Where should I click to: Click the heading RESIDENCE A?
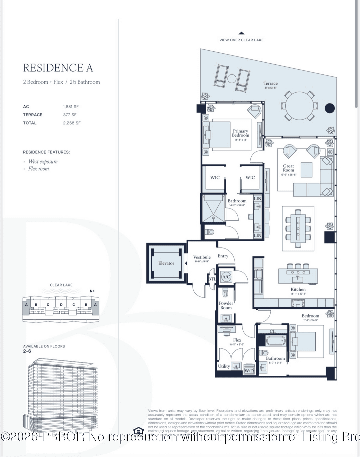[58, 68]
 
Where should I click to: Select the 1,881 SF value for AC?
[71, 107]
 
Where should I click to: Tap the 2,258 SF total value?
[72, 123]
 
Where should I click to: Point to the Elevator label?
[166, 263]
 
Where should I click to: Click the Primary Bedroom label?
[240, 133]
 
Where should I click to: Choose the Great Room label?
[288, 168]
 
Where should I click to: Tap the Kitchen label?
[298, 289]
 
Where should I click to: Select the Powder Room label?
[226, 305]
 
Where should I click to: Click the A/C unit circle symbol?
[226, 276]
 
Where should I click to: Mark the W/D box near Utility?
[249, 371]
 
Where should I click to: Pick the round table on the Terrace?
[299, 106]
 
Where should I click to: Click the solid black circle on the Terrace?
[329, 108]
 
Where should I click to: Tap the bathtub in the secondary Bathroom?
[276, 341]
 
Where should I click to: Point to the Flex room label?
[237, 340]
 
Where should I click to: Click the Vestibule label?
[202, 257]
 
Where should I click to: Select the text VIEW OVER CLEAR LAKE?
[241, 40]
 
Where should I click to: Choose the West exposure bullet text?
[43, 162]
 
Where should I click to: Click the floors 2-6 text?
[27, 351]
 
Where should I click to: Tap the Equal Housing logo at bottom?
[138, 431]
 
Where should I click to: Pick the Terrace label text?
[270, 84]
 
